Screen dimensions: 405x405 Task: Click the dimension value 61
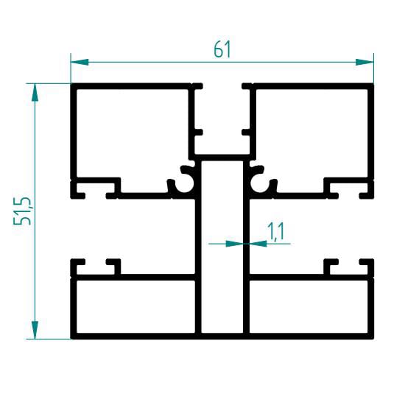point(222,49)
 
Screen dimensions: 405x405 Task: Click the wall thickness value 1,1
point(275,232)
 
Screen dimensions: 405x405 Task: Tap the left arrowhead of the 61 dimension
point(80,62)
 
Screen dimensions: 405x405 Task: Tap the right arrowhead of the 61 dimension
point(364,62)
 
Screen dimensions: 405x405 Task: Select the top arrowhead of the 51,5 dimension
point(35,92)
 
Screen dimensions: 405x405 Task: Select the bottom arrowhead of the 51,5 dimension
point(35,330)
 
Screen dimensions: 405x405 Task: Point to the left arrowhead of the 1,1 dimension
point(235,243)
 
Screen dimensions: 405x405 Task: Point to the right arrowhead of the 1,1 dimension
point(258,243)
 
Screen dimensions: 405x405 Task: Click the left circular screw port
point(184,183)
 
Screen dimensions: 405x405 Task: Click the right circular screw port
point(260,183)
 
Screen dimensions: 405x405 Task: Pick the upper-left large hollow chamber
point(133,133)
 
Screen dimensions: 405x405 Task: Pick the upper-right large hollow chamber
point(311,133)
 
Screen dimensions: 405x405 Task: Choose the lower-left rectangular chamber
point(136,306)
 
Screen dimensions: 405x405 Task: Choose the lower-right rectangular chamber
point(309,306)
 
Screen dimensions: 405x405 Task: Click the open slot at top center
point(222,119)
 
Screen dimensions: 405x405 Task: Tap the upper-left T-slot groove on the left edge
point(95,188)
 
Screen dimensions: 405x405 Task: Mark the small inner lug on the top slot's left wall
point(199,132)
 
